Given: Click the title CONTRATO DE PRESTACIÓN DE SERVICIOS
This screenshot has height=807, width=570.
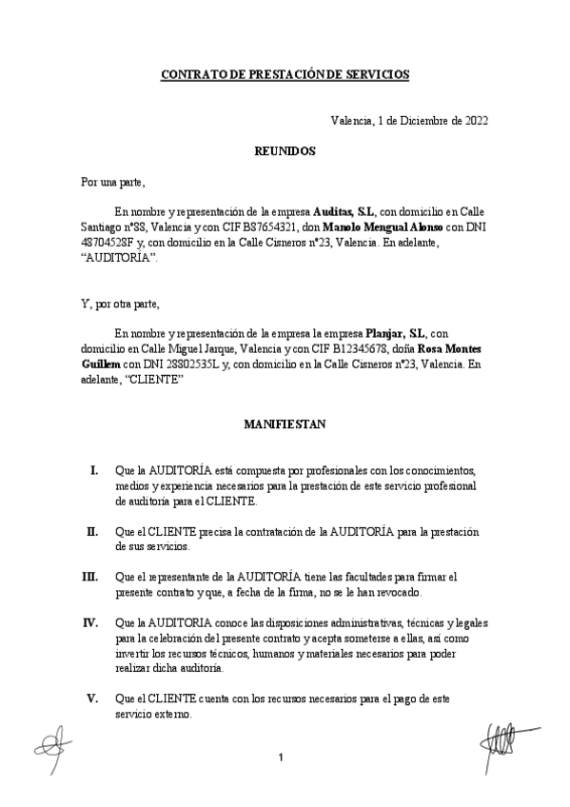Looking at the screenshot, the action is click(285, 72).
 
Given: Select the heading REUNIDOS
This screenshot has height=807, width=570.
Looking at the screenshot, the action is click(285, 150).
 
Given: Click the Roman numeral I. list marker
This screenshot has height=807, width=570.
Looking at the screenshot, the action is click(93, 471).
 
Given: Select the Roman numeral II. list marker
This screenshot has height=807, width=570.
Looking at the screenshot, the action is click(92, 530).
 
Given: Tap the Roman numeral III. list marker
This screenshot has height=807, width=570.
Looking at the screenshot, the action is click(90, 576).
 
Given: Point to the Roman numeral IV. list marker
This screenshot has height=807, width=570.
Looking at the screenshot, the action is click(91, 622).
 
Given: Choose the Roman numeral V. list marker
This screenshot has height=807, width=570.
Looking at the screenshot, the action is click(92, 698).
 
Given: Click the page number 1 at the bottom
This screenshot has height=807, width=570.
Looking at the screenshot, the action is click(282, 758).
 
